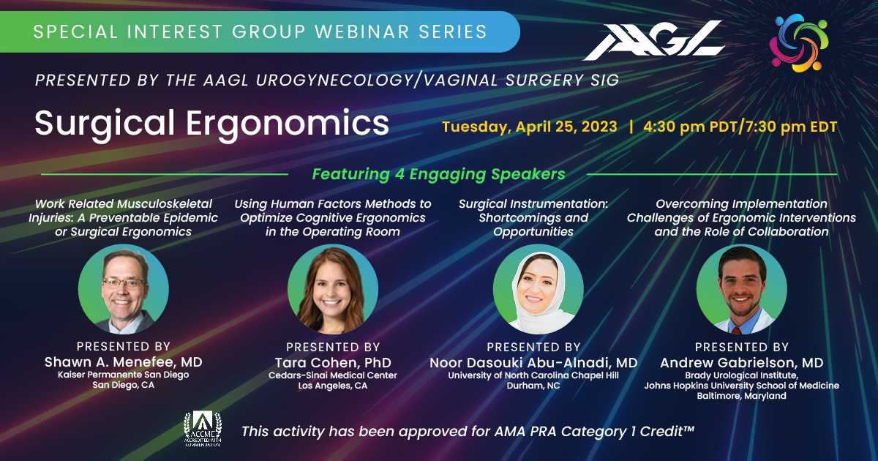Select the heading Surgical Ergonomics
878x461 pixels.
click(x=211, y=124)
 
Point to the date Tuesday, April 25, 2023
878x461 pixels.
click(x=529, y=126)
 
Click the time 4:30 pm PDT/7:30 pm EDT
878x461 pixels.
click(x=740, y=126)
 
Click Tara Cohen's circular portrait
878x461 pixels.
click(x=333, y=289)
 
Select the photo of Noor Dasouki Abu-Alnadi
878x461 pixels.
click(x=538, y=289)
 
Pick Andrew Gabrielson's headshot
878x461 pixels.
click(x=741, y=289)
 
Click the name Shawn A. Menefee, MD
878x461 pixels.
click(x=123, y=362)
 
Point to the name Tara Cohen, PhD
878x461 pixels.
click(x=333, y=363)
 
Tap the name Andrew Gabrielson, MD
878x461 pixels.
click(x=741, y=363)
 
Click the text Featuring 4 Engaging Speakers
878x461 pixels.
click(x=438, y=174)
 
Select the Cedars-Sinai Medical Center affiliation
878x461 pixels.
click(x=333, y=375)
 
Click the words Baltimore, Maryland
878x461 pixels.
click(x=741, y=396)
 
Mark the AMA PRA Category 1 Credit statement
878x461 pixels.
click(x=468, y=431)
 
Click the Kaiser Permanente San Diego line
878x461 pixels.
click(x=123, y=375)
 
